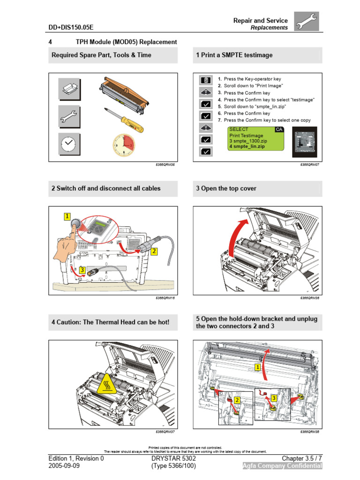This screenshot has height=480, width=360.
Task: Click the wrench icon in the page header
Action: click(307, 22)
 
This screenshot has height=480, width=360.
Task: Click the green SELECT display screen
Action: click(255, 138)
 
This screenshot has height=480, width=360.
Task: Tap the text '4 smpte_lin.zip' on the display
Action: click(247, 147)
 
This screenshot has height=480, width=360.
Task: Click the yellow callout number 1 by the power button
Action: click(67, 217)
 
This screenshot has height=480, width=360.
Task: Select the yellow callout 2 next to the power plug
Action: click(154, 251)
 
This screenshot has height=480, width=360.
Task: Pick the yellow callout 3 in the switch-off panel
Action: click(82, 270)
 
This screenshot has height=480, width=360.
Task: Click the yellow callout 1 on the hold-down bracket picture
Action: click(257, 367)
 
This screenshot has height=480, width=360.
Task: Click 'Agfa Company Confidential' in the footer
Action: click(282, 466)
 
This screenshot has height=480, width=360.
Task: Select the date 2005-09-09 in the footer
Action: click(65, 466)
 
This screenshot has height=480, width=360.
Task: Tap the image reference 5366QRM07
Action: click(309, 165)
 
